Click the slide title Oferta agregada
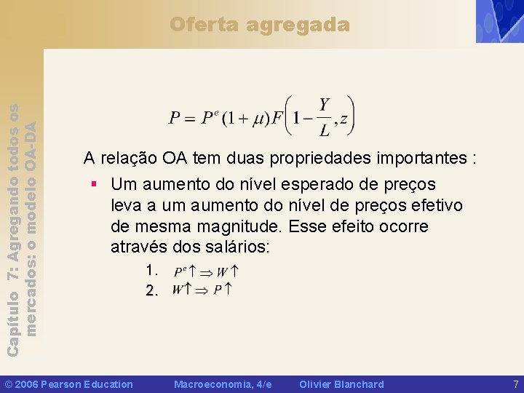(x=260, y=25)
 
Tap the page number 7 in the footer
(x=515, y=384)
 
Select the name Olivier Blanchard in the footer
(x=341, y=384)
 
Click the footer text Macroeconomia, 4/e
(x=223, y=384)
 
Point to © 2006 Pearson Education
(x=69, y=384)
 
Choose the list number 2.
(x=151, y=291)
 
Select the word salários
(x=235, y=247)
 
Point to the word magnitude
(x=243, y=226)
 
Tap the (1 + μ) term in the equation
(x=245, y=118)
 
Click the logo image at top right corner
(x=499, y=21)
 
